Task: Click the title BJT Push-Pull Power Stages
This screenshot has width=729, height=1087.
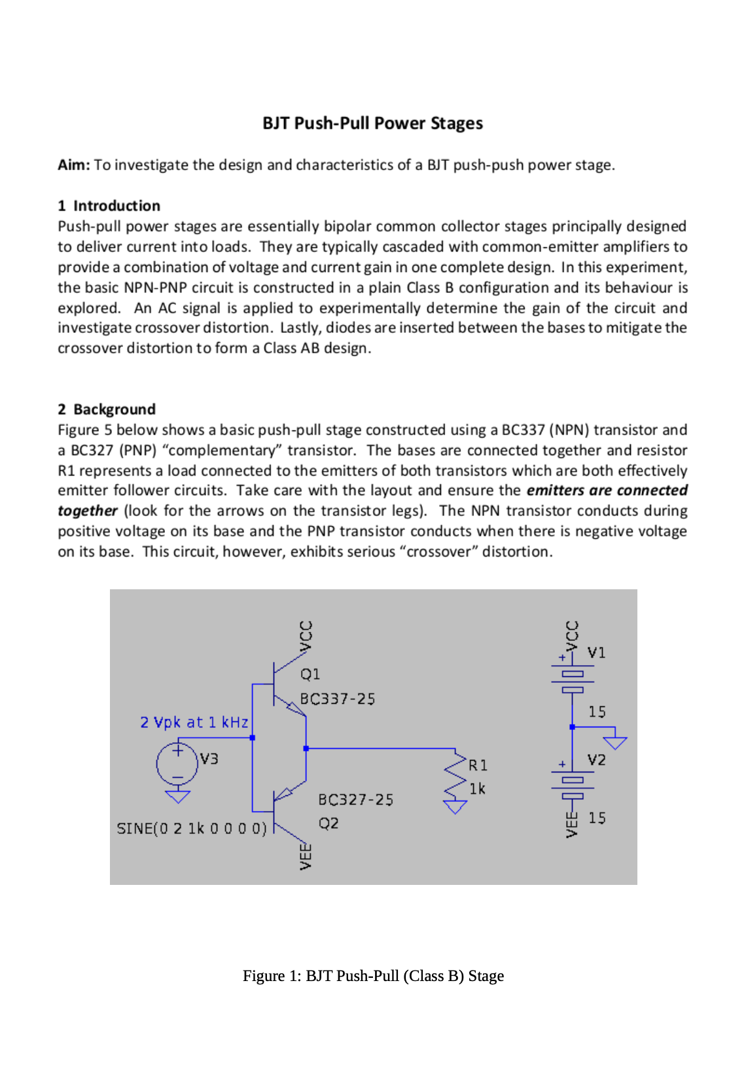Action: [x=372, y=124]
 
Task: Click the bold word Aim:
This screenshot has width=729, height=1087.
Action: [x=73, y=165]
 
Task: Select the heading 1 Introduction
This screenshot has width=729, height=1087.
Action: [x=109, y=206]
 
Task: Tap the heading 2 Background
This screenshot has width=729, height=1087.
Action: [x=107, y=409]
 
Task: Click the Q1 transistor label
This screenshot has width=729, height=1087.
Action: [x=310, y=674]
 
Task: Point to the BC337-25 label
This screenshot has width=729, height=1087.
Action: [x=338, y=699]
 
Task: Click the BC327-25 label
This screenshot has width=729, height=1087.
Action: [x=355, y=800]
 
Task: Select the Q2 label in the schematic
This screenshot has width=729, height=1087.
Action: [x=329, y=823]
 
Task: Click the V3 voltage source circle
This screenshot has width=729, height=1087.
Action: [x=177, y=763]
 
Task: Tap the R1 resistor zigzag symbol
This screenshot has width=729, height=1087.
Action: [x=455, y=775]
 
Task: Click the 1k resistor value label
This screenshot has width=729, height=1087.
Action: [x=478, y=789]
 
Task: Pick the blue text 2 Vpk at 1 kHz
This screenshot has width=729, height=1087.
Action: [x=194, y=723]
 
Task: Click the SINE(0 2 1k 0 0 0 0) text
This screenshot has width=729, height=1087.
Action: [x=192, y=829]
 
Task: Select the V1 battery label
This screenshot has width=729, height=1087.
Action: [x=596, y=653]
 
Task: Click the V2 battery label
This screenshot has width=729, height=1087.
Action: [x=596, y=760]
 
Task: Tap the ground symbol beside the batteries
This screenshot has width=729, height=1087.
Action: [x=615, y=742]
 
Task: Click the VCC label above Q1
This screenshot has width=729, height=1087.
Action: [x=305, y=635]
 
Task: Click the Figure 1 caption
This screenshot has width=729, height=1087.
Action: [x=373, y=976]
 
